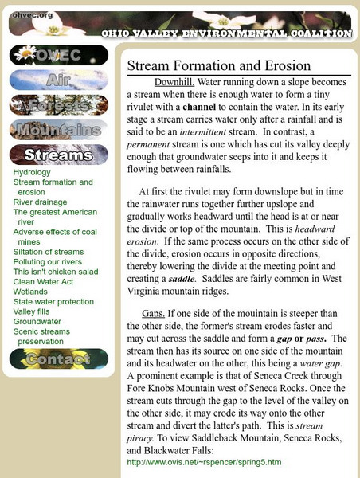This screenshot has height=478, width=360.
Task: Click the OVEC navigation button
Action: (58, 55)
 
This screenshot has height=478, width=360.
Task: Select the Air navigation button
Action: (58, 80)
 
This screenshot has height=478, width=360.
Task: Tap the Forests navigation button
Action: (58, 104)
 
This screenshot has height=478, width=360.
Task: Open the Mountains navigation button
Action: (58, 129)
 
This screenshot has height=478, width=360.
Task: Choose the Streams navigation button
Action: (58, 155)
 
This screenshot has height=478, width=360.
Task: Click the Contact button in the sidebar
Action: (58, 359)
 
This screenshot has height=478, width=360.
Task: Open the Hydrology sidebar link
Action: (32, 172)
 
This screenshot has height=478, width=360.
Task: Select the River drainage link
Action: (40, 202)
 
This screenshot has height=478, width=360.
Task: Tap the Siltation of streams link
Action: (48, 252)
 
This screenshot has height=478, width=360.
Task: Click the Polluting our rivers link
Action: (48, 262)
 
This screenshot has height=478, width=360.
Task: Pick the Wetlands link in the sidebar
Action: (31, 292)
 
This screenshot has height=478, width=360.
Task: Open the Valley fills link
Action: (33, 311)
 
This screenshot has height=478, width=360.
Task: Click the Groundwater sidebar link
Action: (37, 322)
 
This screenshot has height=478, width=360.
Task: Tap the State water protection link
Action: (53, 302)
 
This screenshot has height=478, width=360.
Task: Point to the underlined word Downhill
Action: (173, 82)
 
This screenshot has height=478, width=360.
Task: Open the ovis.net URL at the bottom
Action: (204, 462)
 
